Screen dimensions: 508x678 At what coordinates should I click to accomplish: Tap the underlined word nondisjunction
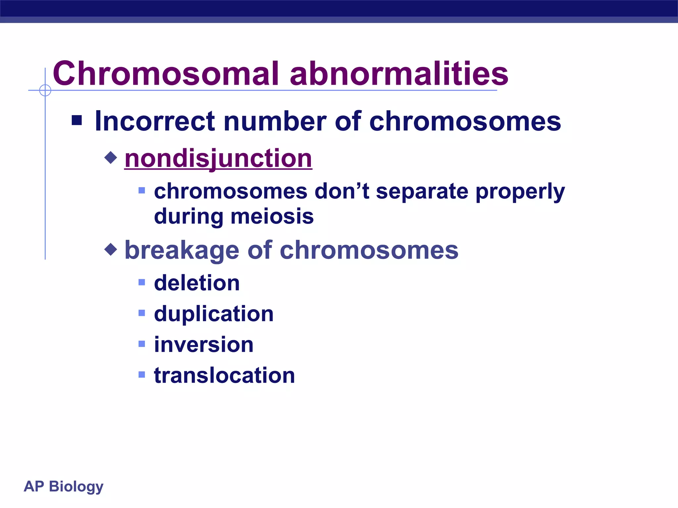218,159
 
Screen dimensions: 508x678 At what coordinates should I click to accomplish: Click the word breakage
182,250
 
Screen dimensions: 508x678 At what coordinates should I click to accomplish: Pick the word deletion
197,283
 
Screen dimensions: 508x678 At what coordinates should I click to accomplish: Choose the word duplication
214,314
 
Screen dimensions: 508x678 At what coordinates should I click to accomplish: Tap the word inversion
204,345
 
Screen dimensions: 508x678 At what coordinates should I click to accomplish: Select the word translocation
224,375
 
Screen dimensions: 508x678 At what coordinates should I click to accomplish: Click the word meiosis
272,217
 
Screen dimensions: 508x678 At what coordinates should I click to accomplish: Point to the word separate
422,191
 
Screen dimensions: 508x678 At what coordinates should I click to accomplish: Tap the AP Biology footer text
64,487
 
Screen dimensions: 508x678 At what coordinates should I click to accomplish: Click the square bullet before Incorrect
77,120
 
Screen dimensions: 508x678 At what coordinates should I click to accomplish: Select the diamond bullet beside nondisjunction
111,157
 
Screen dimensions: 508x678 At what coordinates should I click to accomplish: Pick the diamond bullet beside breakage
111,249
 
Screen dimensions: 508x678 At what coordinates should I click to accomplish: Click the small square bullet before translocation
142,375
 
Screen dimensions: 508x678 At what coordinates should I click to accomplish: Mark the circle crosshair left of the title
45,90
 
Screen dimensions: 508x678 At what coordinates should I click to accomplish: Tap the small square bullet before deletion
142,282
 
